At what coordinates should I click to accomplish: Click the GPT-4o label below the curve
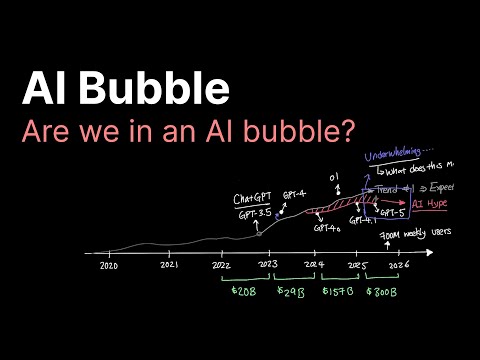pyautogui.click(x=325, y=228)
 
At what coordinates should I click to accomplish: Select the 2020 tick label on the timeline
pyautogui.click(x=109, y=266)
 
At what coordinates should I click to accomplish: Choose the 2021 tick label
pyautogui.click(x=169, y=266)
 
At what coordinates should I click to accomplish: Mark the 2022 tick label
pyautogui.click(x=224, y=266)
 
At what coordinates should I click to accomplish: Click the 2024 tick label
pyautogui.click(x=315, y=266)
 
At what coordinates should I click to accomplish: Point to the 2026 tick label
pyautogui.click(x=399, y=266)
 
